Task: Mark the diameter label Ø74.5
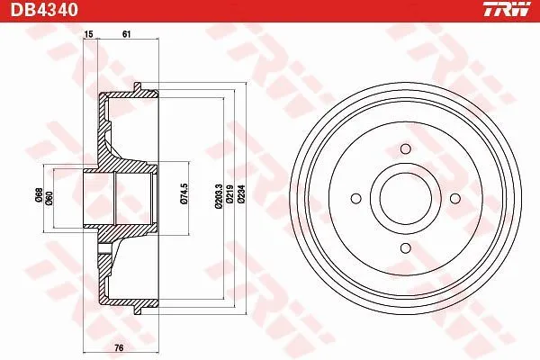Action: pyautogui.click(x=183, y=195)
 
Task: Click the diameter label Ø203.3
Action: pyautogui.click(x=219, y=195)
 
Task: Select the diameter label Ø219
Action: pyautogui.click(x=230, y=195)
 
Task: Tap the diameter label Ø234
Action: pyautogui.click(x=242, y=195)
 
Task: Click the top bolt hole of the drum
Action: pyautogui.click(x=405, y=148)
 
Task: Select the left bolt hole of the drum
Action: pyautogui.click(x=357, y=196)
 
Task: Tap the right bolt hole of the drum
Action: pyautogui.click(x=453, y=196)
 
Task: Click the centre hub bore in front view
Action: pyautogui.click(x=405, y=196)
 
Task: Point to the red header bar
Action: pyautogui.click(x=270, y=10)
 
